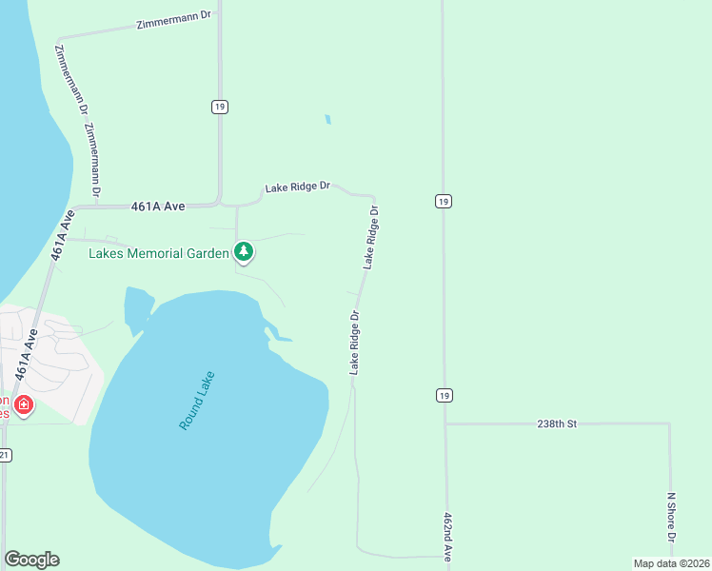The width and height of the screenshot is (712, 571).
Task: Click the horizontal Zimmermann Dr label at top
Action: coord(172,22)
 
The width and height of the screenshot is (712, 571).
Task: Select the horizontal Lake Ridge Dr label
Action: coord(297,187)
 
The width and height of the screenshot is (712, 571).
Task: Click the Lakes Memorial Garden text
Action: coord(158,253)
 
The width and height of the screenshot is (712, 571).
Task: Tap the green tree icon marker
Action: coord(246,252)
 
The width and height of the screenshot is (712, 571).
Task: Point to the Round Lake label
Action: coord(197,400)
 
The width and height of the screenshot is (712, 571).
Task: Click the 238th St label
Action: coord(557,423)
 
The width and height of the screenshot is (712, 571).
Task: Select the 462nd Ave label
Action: coord(446,538)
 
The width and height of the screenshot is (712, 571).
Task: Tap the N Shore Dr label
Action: coord(671,519)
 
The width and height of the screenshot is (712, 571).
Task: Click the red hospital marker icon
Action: coord(24,405)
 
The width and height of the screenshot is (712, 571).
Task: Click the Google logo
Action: coord(31,560)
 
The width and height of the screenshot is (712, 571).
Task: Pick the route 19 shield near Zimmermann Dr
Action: coord(220,108)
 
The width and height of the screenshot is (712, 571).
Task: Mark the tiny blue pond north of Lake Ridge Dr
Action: coord(327,120)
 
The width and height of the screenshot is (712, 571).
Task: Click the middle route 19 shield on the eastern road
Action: coord(444,201)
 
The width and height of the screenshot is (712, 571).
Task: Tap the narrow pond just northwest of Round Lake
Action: coord(136,309)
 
